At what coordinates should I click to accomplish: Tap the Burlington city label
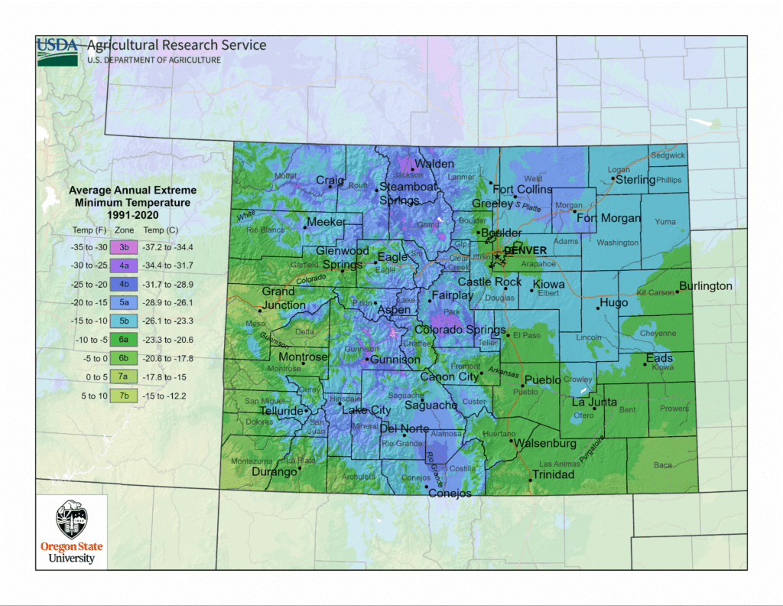706,286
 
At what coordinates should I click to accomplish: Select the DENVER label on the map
525,250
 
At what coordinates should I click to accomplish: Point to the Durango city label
275,472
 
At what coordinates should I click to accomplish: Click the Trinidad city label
553,474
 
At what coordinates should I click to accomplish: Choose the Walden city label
435,164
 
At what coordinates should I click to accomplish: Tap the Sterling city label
635,180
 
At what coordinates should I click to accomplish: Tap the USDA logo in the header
57,47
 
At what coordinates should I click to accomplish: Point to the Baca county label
663,465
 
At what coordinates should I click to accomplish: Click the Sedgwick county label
668,155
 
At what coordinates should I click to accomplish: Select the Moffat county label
285,176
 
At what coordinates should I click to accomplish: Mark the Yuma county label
665,222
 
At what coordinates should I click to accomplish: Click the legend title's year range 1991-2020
132,214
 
